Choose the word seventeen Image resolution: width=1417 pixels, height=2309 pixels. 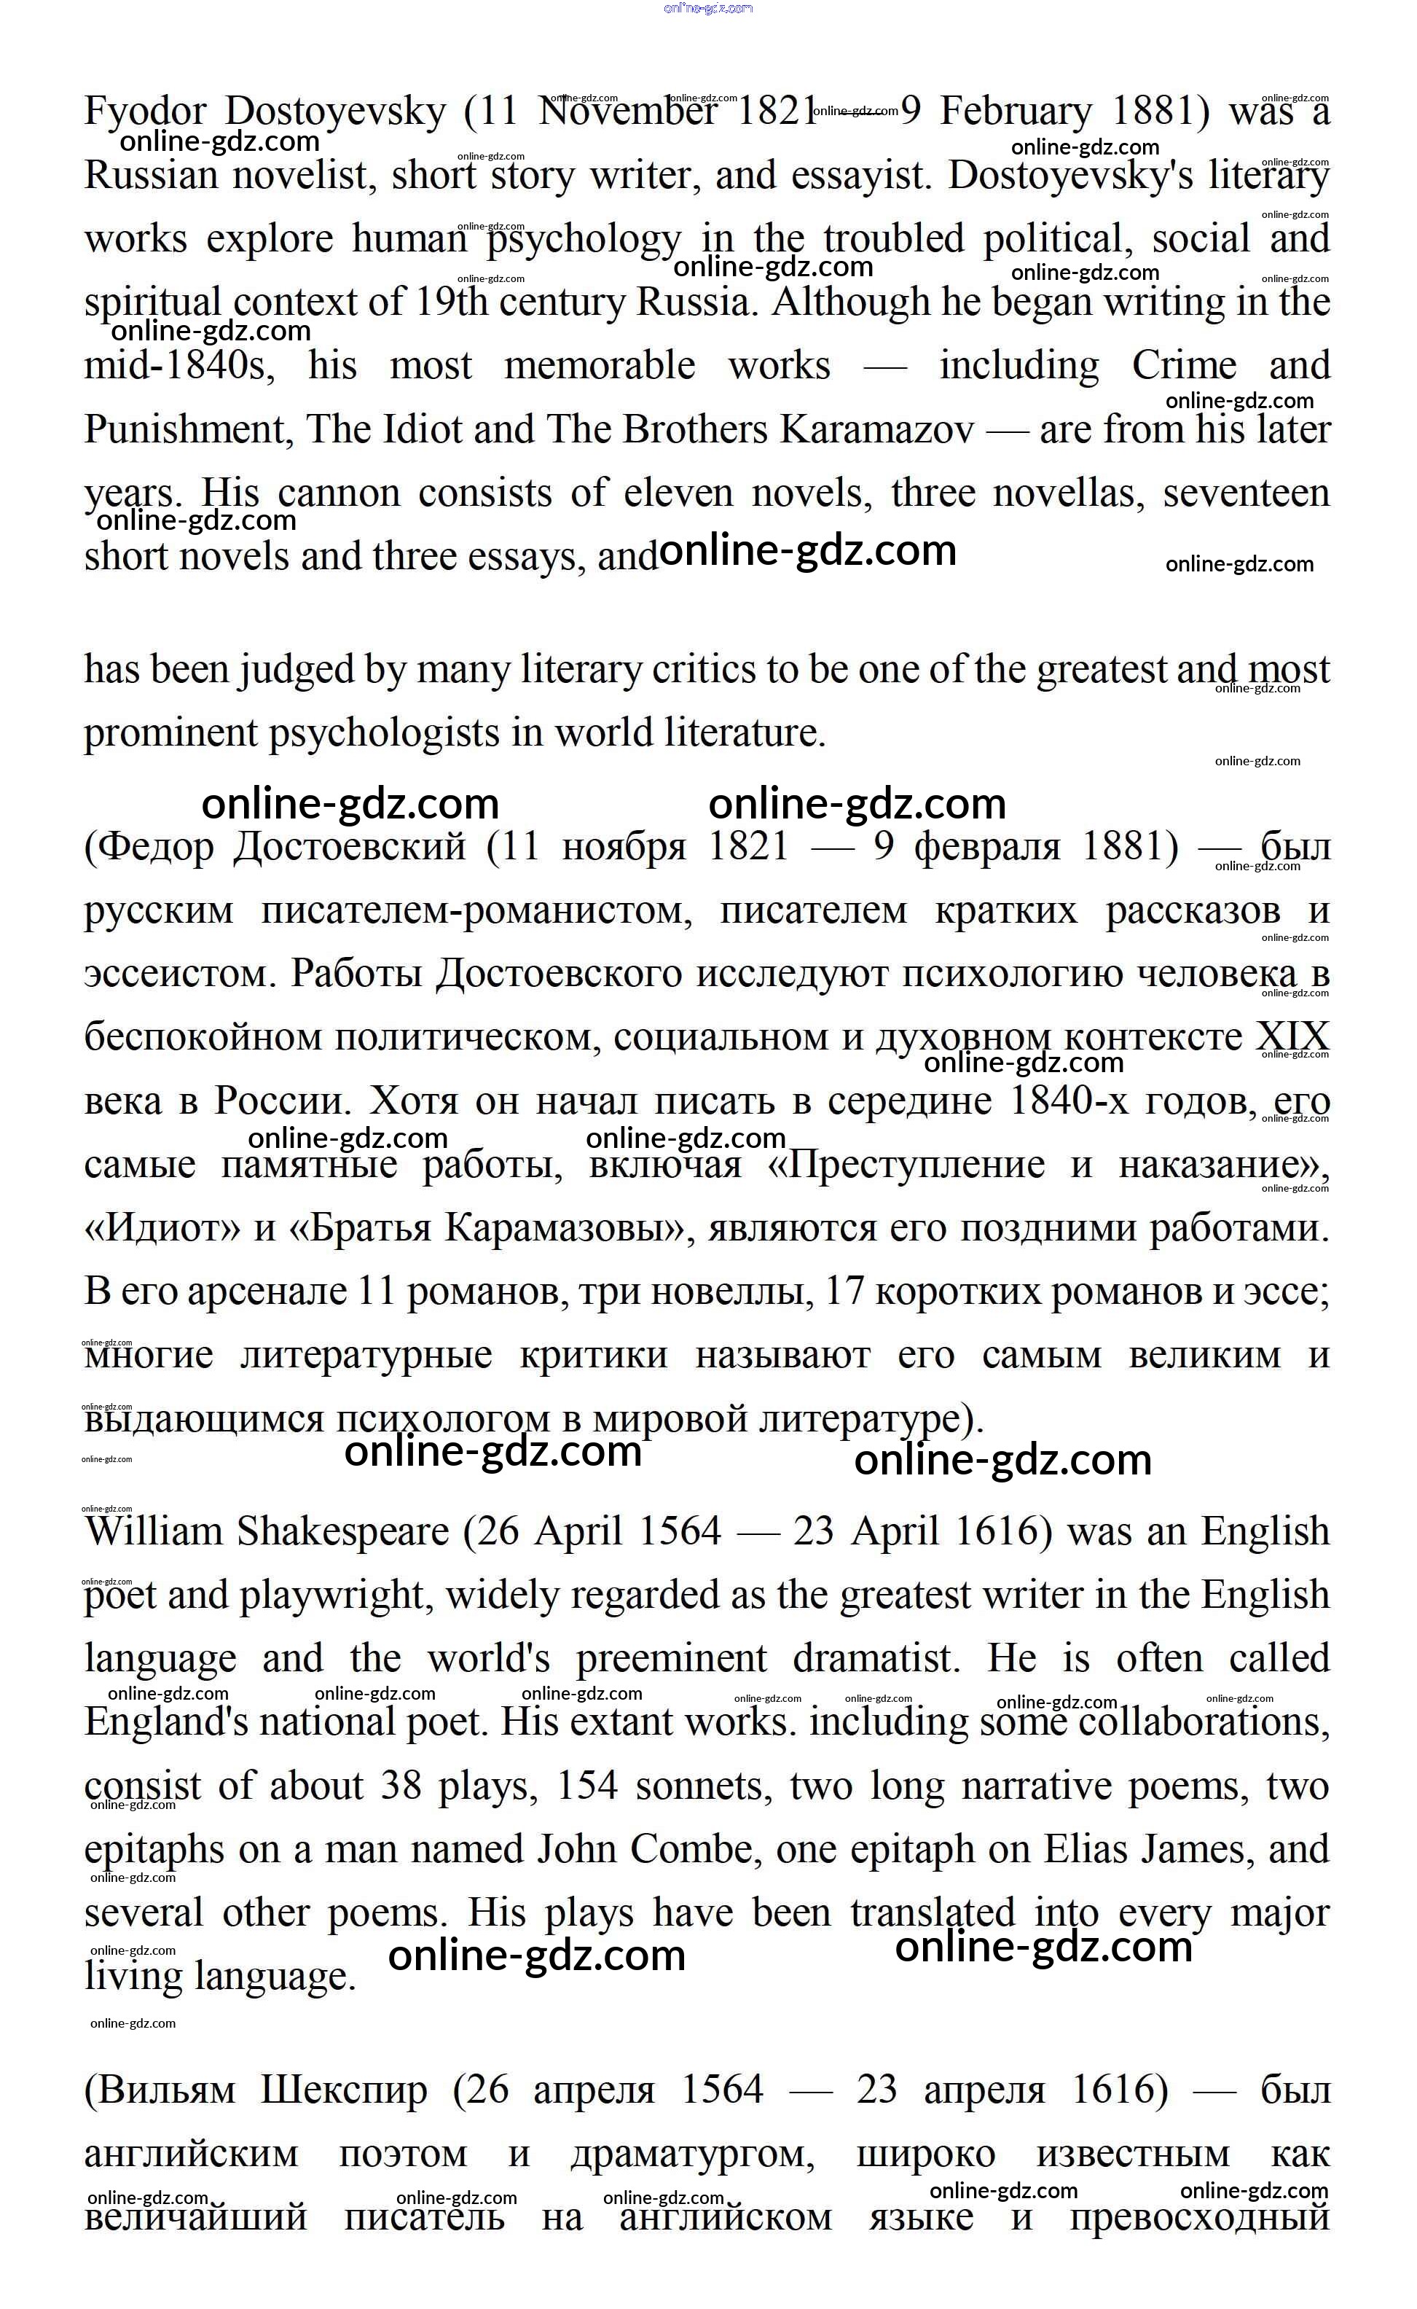point(1246,494)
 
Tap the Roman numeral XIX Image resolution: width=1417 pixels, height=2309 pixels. point(1292,1039)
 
